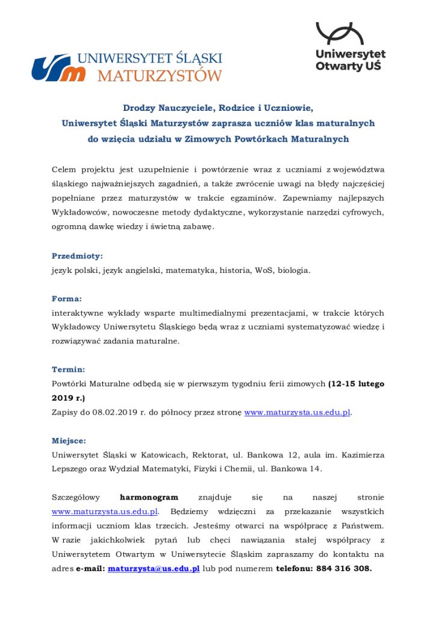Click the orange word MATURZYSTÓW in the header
coord(160,76)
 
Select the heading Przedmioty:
coord(77,255)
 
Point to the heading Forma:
coord(67,298)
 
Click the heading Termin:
coord(68,369)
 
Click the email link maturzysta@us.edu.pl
coord(154,569)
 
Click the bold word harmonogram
coord(149,497)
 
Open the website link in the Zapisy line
coord(297,413)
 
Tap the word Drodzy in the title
coord(139,108)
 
